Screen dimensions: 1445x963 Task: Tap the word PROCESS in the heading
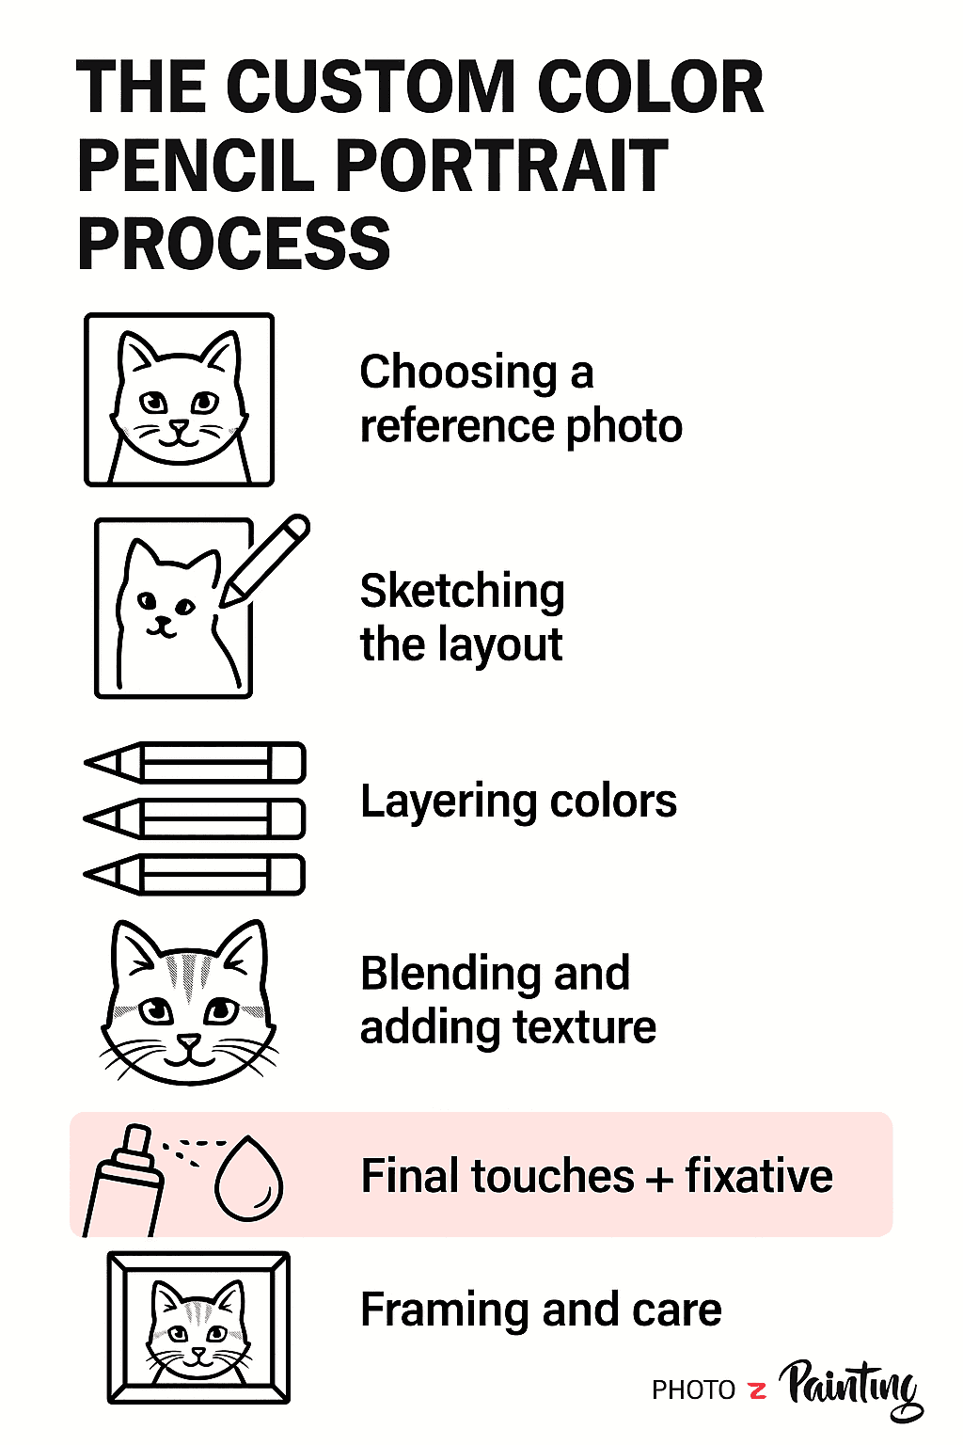233,244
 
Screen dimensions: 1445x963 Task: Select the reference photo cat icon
179,400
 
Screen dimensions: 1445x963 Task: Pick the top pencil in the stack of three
196,762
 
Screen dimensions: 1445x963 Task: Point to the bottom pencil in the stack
196,875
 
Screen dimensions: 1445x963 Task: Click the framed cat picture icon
198,1327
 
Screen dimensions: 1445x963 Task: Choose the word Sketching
462,591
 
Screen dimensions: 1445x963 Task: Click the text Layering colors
518,802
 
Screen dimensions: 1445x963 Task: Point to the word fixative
758,1176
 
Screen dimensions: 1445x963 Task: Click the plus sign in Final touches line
659,1179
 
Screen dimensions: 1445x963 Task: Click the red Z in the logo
758,1389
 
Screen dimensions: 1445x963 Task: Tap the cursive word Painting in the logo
851,1387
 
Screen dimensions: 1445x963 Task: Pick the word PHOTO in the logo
694,1390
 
